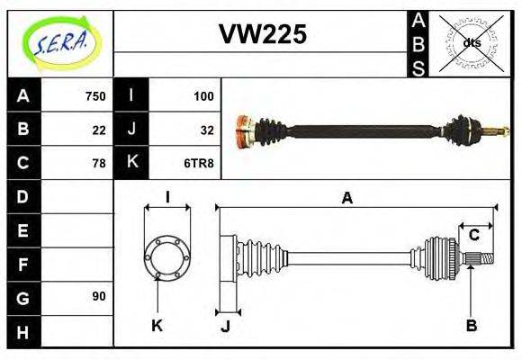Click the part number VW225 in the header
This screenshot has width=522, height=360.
click(x=262, y=34)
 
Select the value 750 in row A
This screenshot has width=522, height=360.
click(x=94, y=95)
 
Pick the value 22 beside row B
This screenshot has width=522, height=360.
click(x=99, y=129)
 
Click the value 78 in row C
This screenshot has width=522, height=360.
click(x=99, y=163)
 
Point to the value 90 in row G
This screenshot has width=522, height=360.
click(x=99, y=296)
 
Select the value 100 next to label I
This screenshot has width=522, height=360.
click(x=202, y=95)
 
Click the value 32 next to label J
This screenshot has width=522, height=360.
click(x=206, y=129)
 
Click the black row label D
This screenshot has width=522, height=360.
click(x=23, y=196)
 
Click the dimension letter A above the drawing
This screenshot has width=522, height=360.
click(x=346, y=197)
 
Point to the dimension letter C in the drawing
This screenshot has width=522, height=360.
click(x=473, y=235)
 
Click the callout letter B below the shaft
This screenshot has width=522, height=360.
click(x=471, y=326)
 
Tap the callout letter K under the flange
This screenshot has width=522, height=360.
click(x=156, y=326)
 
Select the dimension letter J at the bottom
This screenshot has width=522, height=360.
click(x=225, y=326)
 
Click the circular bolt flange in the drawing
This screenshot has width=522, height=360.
click(x=167, y=256)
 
